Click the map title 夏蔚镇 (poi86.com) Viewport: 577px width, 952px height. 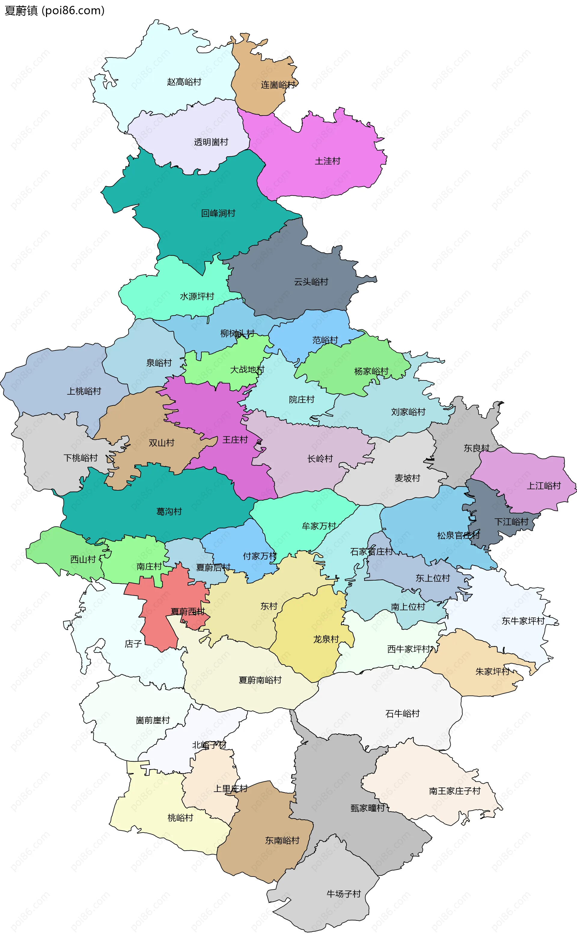click(54, 11)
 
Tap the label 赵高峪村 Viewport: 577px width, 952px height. click(184, 82)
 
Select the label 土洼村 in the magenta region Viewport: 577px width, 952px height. click(328, 161)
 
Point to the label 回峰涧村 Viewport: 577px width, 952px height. click(218, 213)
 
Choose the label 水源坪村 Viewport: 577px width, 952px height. click(197, 296)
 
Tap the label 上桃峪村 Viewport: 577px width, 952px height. click(84, 391)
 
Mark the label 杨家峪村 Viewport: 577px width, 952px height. click(371, 371)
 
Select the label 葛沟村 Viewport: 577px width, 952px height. click(169, 512)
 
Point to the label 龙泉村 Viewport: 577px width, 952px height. click(326, 639)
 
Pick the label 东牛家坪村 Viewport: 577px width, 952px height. click(523, 621)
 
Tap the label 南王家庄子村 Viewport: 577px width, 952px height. click(455, 791)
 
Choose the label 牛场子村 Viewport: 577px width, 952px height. click(343, 894)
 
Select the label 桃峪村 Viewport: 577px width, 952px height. click(180, 818)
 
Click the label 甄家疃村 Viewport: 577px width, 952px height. click(368, 808)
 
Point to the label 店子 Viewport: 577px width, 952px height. click(133, 644)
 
